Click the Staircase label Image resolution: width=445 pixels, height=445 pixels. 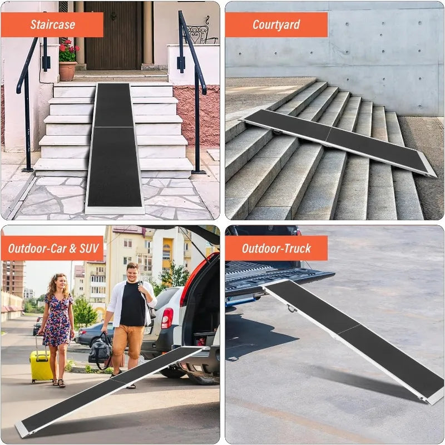click(x=52, y=24)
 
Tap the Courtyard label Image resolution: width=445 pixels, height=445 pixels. click(x=276, y=24)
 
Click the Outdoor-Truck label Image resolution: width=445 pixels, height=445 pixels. click(x=276, y=248)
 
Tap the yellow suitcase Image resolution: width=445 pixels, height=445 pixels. click(x=41, y=365)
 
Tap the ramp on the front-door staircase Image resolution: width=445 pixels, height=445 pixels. click(x=114, y=150)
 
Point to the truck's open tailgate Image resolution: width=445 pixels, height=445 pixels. click(x=278, y=278)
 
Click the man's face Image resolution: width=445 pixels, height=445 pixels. click(x=132, y=273)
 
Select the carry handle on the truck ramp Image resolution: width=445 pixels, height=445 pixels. click(x=290, y=308)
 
